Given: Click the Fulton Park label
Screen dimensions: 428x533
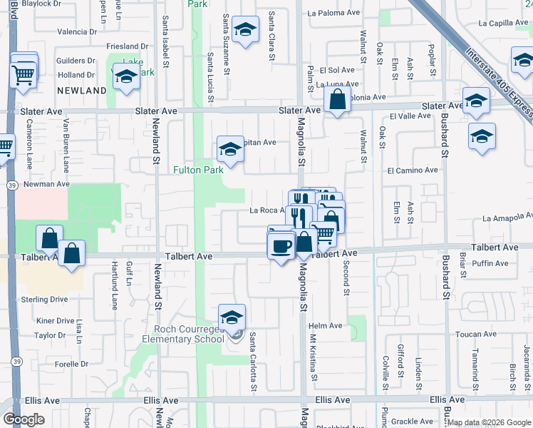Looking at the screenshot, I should [199, 170].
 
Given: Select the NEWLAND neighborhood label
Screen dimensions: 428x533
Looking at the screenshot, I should [82, 91].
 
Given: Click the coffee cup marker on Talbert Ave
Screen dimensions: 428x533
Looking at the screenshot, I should [280, 245].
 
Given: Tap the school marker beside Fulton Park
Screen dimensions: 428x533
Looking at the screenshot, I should [230, 149].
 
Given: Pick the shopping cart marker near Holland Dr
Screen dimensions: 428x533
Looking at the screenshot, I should [24, 73].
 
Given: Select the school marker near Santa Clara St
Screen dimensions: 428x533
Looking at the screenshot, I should [245, 30].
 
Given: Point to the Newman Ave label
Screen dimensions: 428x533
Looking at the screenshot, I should [46, 183].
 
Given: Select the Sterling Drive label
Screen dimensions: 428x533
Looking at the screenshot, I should [43, 300].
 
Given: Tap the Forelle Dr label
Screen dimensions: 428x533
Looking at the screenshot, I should [71, 364].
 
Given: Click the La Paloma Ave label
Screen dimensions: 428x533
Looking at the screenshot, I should [330, 13].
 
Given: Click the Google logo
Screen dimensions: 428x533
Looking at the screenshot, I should [24, 419].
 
